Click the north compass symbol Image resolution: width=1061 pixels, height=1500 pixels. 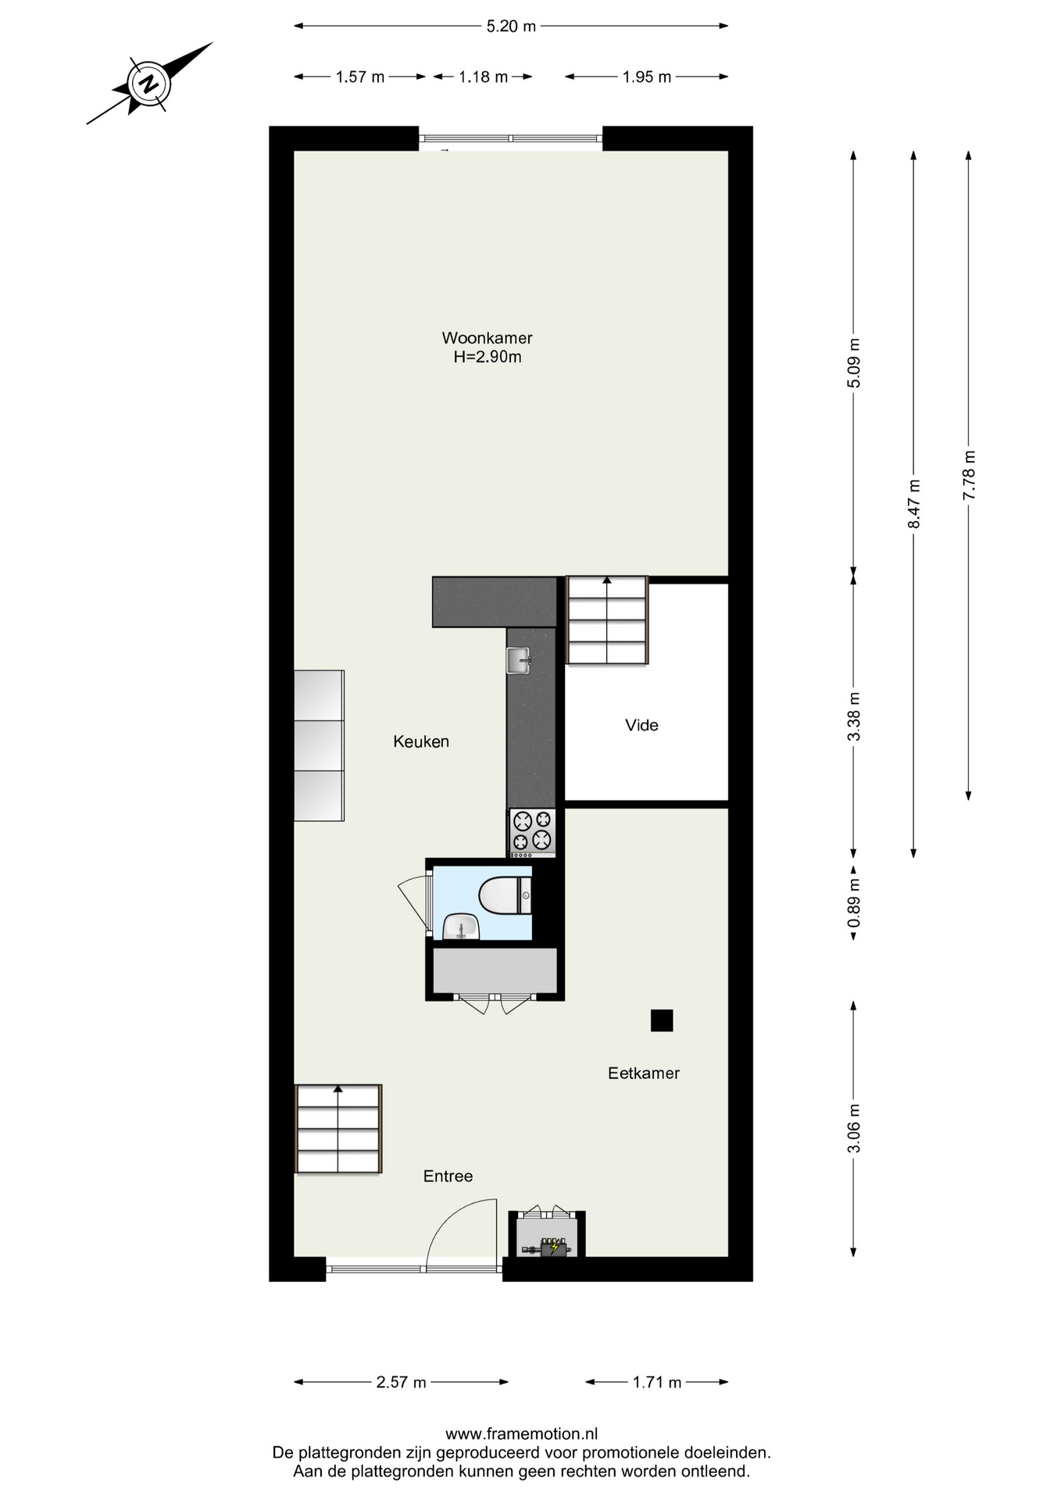click(148, 83)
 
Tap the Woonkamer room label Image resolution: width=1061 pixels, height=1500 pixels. click(487, 337)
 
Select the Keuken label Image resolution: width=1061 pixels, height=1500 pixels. click(421, 741)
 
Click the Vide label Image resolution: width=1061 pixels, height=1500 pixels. click(641, 725)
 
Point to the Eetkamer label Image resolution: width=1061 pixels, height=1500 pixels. click(644, 1073)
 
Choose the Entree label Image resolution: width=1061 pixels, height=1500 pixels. click(448, 1176)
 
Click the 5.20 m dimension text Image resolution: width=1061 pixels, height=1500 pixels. click(511, 26)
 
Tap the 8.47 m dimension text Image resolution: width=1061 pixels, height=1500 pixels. click(913, 504)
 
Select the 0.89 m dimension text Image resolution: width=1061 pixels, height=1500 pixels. click(854, 903)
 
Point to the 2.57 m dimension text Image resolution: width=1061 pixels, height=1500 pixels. click(401, 1382)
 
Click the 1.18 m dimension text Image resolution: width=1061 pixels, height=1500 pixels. click(483, 77)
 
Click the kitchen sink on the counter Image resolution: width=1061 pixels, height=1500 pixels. click(519, 660)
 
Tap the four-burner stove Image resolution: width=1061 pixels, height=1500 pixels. click(532, 831)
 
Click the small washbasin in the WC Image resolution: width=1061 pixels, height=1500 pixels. click(461, 927)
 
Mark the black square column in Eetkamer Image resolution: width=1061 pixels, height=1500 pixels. click(662, 1020)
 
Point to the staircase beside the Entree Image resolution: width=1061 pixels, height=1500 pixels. click(338, 1128)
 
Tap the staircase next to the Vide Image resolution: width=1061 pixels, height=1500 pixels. click(607, 620)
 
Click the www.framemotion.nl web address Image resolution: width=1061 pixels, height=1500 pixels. click(521, 1434)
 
